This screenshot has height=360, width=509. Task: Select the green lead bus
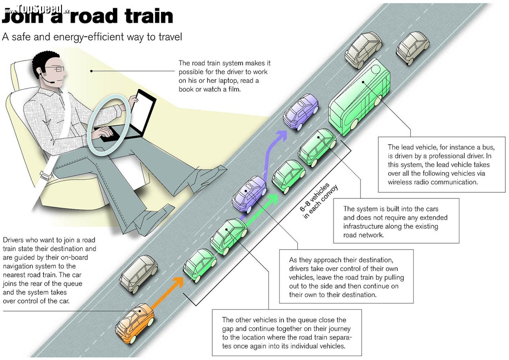(360, 97)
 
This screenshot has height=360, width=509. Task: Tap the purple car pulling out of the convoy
(249, 194)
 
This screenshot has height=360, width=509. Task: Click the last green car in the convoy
(200, 265)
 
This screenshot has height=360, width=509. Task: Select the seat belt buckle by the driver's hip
(45, 175)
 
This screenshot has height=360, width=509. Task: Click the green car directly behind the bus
(317, 148)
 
